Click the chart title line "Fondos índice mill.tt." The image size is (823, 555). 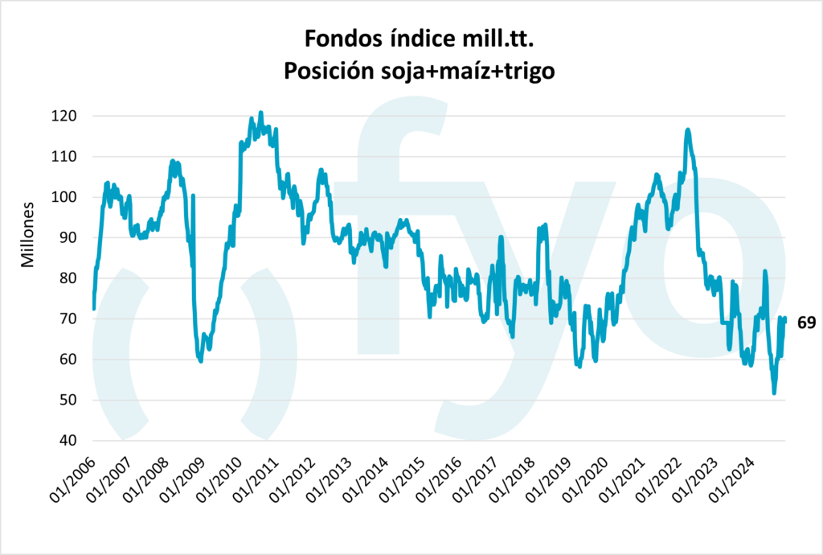[x=420, y=38]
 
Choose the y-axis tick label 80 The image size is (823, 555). [x=67, y=278]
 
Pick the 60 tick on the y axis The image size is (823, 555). [x=67, y=360]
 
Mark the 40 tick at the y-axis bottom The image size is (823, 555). [x=67, y=441]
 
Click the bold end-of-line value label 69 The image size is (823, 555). [x=806, y=323]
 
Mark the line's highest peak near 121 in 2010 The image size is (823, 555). [x=261, y=113]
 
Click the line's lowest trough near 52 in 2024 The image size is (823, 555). [x=774, y=393]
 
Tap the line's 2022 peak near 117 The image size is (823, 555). [x=687, y=129]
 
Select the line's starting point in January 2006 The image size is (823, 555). [x=94, y=308]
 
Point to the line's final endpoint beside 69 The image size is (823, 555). [x=784, y=319]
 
